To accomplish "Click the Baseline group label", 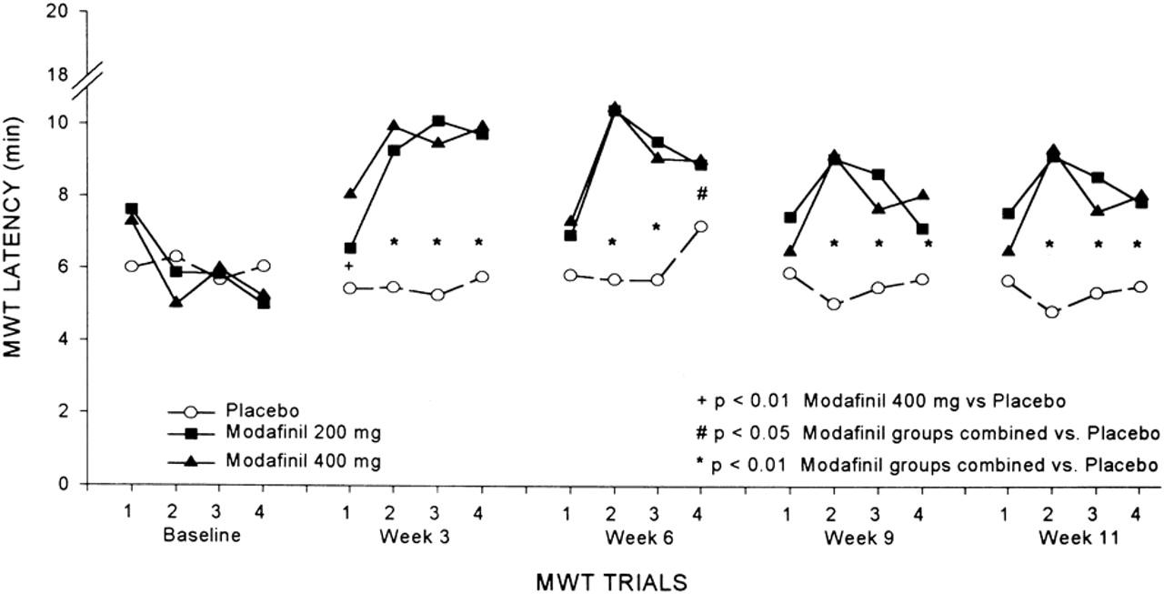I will click(202, 536).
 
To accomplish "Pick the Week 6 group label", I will click(635, 536).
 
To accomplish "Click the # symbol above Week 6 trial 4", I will click(701, 194).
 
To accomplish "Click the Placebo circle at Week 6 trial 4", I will click(701, 227).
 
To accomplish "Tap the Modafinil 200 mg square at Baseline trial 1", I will click(132, 209).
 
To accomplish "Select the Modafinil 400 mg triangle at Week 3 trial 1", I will click(350, 193).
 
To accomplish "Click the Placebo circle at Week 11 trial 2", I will click(1052, 312).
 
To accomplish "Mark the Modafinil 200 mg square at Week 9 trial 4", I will click(924, 229).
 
